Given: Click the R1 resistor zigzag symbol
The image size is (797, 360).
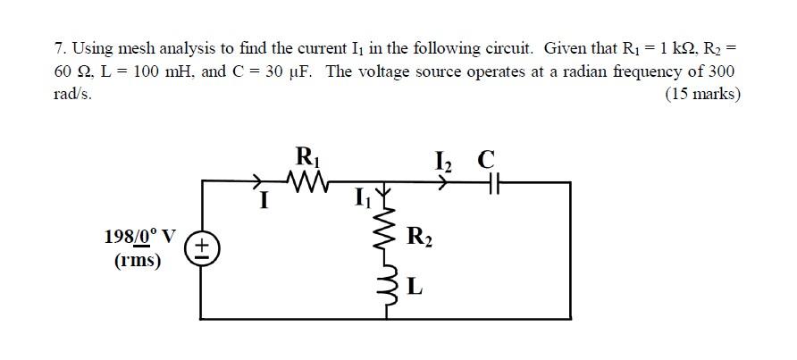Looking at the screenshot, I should point(309,182).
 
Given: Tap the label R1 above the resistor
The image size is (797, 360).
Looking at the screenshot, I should point(306,158).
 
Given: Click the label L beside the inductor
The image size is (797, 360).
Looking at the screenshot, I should point(415,287).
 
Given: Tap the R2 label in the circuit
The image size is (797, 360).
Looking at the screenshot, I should point(418,237).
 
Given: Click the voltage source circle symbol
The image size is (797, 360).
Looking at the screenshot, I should point(202,248).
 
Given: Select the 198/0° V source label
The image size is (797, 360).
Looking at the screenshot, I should point(139,237).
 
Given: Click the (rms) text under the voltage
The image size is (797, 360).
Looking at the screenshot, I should point(138,261).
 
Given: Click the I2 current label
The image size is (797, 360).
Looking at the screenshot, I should point(443,161).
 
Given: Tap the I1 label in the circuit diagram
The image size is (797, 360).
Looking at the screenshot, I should point(362,197).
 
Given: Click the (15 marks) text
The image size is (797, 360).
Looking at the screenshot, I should point(702,94).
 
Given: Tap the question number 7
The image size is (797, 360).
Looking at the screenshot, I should point(59,47).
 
